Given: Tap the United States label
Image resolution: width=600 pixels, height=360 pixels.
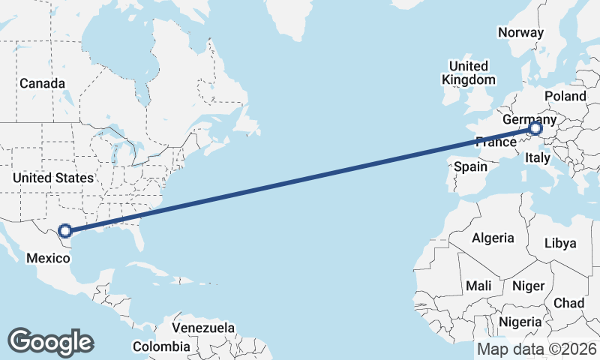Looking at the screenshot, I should (53, 178).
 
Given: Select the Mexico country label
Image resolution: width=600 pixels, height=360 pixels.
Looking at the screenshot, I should (48, 259).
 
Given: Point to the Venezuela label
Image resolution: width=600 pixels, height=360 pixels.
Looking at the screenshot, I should (203, 328).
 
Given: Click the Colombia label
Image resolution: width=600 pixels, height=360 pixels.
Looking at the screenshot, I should (161, 346).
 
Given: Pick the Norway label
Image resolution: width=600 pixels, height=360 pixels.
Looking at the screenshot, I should (520, 32).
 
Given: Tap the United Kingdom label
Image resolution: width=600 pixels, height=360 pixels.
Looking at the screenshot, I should (469, 73).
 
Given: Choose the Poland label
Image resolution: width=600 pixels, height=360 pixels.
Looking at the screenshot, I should (565, 97).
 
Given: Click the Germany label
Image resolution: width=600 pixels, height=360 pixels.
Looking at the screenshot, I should (529, 120).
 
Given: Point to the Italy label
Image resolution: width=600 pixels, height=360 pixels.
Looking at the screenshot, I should (538, 157).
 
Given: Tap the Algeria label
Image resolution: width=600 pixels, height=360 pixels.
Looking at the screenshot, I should (493, 238).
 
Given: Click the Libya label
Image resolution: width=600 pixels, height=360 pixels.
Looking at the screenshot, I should (560, 243).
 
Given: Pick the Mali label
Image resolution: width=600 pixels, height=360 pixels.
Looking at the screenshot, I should (478, 286).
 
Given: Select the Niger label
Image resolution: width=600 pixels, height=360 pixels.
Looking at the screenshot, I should (527, 286).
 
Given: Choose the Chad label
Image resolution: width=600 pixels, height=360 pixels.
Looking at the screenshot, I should (568, 303).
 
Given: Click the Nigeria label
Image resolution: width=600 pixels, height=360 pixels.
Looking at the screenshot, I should (520, 321).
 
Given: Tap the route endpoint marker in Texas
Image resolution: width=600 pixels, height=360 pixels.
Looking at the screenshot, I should (65, 231).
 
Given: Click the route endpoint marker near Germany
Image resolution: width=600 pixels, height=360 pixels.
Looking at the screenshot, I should (535, 128).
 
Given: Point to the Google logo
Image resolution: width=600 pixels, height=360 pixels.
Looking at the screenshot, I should (50, 342).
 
